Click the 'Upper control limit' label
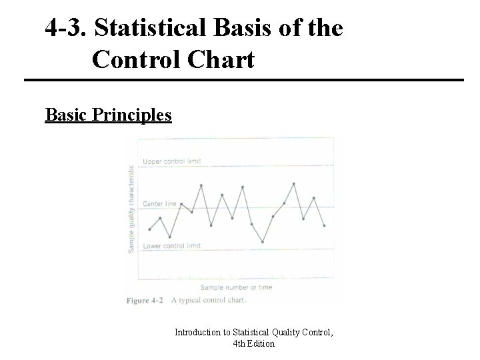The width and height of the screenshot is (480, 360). click(x=172, y=161)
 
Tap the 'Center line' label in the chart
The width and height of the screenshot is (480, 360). click(x=161, y=203)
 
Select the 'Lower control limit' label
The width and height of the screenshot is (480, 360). click(x=172, y=246)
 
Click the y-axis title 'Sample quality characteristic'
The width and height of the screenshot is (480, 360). click(x=131, y=208)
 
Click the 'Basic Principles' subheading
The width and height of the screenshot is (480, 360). click(x=108, y=115)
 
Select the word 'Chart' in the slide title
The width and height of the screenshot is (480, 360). click(x=224, y=60)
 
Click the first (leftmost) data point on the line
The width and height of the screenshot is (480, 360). click(x=149, y=229)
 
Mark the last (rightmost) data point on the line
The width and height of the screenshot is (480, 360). click(x=324, y=226)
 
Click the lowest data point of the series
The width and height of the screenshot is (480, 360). click(x=263, y=241)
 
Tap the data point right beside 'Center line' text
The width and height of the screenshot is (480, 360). click(x=182, y=204)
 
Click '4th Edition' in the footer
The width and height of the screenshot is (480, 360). click(x=253, y=344)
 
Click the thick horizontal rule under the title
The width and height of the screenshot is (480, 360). click(x=243, y=81)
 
